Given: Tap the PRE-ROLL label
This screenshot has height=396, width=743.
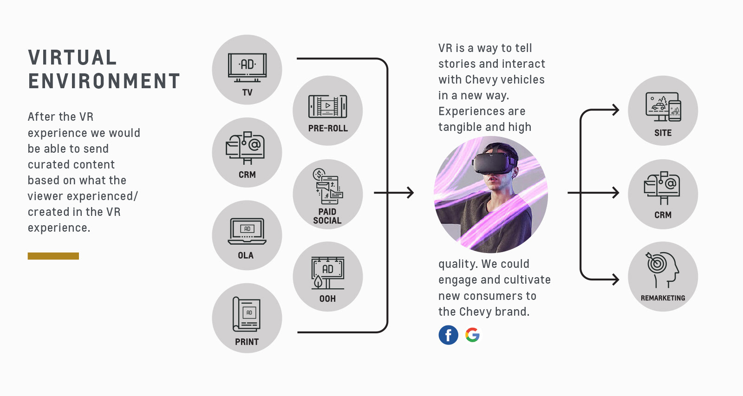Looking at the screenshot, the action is pos(328,128).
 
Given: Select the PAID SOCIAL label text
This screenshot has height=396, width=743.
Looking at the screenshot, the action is pos(327,216).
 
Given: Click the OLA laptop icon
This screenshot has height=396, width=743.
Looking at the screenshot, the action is pos(247,231).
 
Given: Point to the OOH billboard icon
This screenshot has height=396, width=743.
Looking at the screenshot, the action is pos(328,273).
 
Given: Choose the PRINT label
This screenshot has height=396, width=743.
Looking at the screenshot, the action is pos(247,342).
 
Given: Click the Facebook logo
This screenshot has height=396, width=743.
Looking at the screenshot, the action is pos(448,335).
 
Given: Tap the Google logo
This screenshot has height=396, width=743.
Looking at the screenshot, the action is pos(472,335).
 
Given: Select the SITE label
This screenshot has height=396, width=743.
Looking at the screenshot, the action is pos(663,133).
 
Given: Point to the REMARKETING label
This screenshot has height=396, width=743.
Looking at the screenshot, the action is pos(663,298).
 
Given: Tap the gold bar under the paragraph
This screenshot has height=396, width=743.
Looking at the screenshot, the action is pos(53,256).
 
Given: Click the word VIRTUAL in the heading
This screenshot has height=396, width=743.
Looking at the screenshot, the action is pos(72,58).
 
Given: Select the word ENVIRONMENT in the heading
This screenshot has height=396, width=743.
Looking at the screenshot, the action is pos(104,81).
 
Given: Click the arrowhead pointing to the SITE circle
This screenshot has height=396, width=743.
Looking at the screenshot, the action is pos(616,110).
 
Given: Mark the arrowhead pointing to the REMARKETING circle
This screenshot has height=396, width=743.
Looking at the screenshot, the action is pos(616,279).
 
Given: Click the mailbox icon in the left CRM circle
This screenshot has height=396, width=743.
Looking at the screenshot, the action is pos(245,148).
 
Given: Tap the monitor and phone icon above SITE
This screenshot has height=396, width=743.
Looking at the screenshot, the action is pos(663,107).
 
